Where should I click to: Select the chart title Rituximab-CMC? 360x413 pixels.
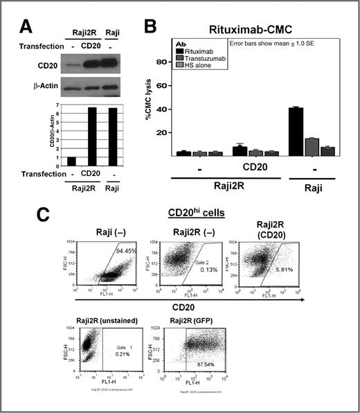246,28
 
